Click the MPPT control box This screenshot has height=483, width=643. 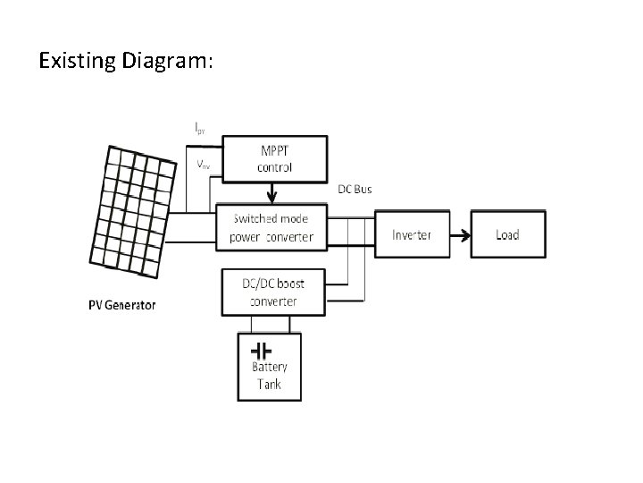coord(274,157)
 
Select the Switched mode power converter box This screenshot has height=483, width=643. coord(272,227)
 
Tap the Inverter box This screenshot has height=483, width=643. coord(411,235)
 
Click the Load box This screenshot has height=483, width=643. coord(507,235)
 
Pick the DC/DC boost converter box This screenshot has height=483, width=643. coord(273,292)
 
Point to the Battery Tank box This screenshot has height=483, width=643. coord(269,367)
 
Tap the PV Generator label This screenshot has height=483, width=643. coord(121,305)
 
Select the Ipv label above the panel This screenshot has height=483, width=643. coord(201,128)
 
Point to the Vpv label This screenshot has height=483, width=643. coord(205,165)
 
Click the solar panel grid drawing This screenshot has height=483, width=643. coord(132,207)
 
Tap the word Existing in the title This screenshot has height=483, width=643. coord(76,61)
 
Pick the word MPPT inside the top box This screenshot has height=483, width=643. coord(274,149)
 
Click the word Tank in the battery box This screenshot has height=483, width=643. coord(269,385)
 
